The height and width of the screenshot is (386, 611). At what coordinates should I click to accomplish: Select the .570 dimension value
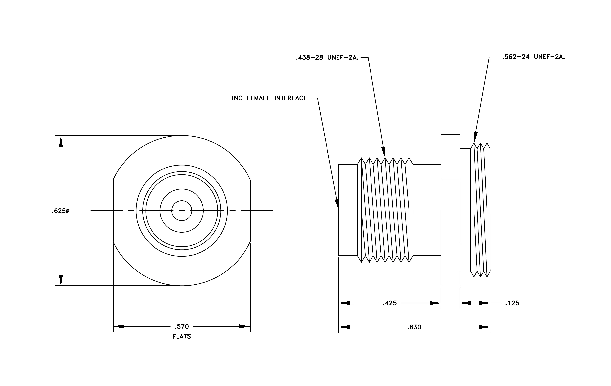(182, 326)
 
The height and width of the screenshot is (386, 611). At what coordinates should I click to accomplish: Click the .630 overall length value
(414, 327)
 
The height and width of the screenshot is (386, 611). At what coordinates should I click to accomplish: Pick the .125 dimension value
(512, 303)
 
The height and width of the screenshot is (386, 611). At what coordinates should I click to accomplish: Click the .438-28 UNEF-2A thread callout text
(327, 58)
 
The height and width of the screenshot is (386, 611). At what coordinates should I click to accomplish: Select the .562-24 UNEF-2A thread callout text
(534, 57)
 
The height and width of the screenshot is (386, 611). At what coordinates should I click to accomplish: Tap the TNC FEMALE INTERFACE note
(269, 98)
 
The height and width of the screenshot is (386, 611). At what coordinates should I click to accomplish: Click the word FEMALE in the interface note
(258, 98)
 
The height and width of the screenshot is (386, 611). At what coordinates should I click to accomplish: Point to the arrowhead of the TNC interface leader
(337, 205)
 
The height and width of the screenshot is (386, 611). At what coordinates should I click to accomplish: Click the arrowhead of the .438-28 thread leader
(384, 152)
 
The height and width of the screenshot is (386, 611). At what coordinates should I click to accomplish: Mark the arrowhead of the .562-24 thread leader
(475, 138)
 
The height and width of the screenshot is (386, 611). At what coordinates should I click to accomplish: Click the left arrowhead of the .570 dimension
(119, 326)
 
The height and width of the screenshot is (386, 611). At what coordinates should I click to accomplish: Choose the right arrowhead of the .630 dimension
(484, 327)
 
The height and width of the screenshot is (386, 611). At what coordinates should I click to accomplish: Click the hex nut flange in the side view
(450, 210)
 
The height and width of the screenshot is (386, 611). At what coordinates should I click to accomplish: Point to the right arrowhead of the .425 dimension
(435, 303)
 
